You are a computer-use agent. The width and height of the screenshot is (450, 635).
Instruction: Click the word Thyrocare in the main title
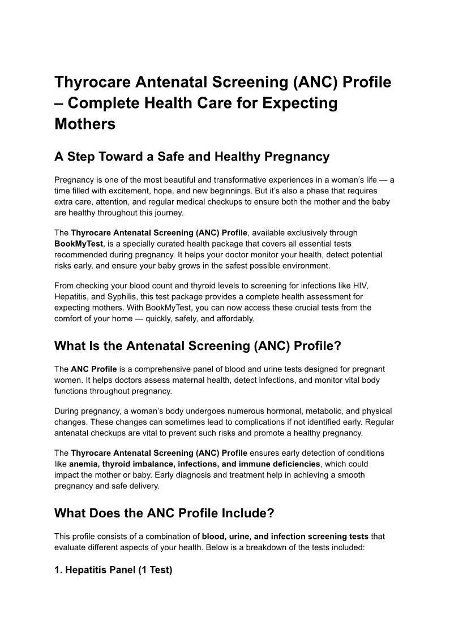click(x=92, y=83)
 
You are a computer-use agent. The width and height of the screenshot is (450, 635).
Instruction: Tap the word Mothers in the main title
click(x=85, y=124)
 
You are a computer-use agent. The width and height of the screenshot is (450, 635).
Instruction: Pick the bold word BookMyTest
click(x=79, y=244)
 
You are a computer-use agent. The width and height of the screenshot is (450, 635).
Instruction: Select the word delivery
click(x=143, y=486)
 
